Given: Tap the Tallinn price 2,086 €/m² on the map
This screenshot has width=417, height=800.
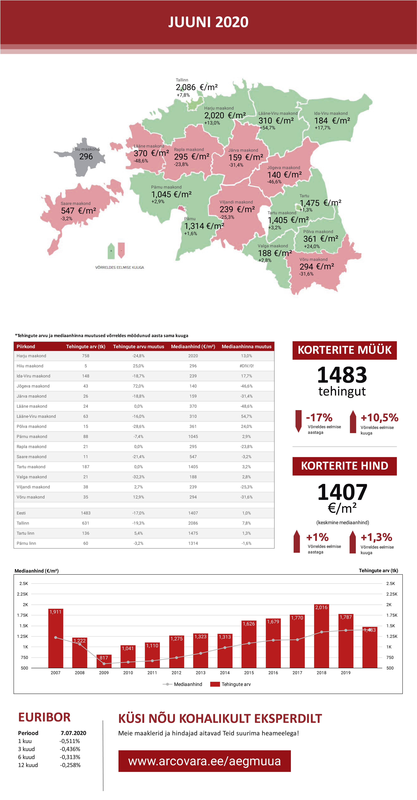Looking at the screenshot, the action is click(x=197, y=87).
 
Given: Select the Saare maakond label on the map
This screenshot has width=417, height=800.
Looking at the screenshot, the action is click(x=76, y=203).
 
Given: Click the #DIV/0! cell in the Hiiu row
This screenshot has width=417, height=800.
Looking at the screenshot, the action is click(x=247, y=366).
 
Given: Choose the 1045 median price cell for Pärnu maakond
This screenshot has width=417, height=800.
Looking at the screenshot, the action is click(x=193, y=436).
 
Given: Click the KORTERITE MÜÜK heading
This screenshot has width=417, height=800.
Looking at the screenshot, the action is click(x=344, y=350).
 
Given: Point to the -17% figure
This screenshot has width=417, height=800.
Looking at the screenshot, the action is click(x=319, y=417).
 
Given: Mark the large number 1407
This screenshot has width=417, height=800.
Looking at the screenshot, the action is click(x=342, y=492).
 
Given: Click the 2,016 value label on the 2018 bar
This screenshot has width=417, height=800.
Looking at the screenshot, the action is click(x=321, y=607).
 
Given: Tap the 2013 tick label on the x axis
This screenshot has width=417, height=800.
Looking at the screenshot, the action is click(x=200, y=673).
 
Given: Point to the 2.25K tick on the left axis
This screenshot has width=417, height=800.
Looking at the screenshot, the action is click(x=22, y=594).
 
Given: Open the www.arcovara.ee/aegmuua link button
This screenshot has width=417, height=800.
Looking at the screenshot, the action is click(x=204, y=761).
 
